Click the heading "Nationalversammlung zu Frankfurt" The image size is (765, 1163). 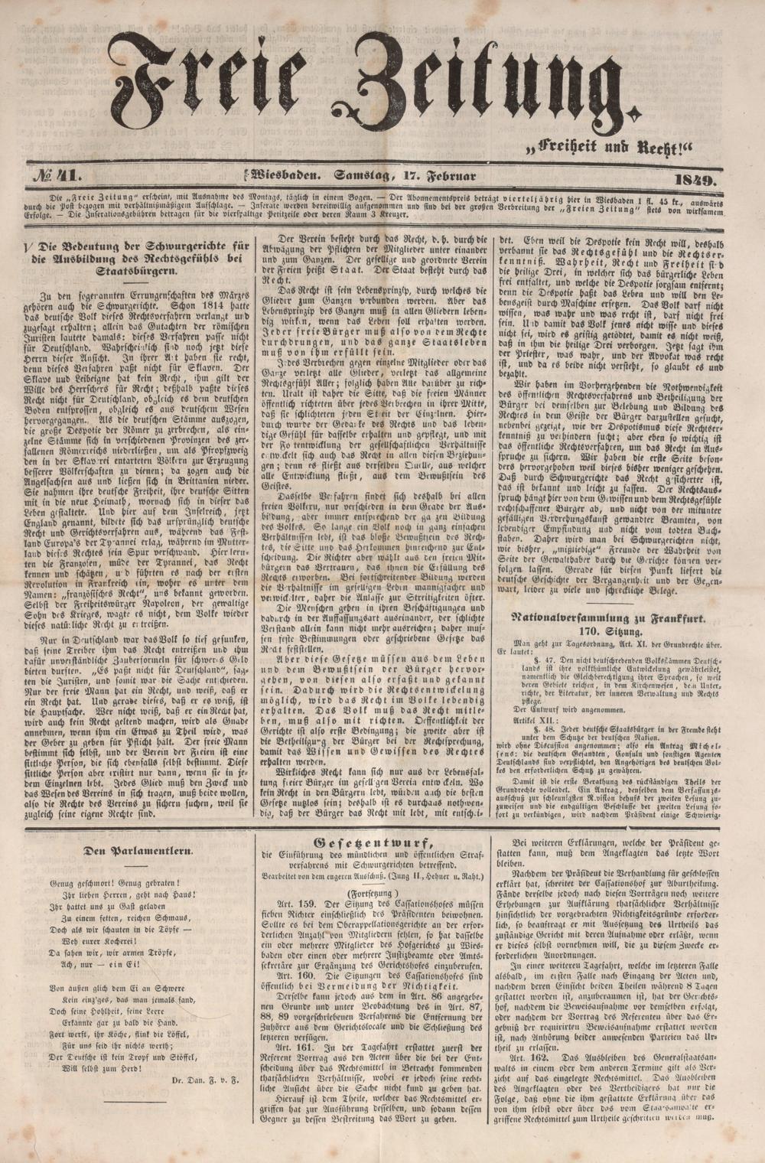(x=609, y=616)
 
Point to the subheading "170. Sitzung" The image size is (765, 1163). (x=609, y=632)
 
